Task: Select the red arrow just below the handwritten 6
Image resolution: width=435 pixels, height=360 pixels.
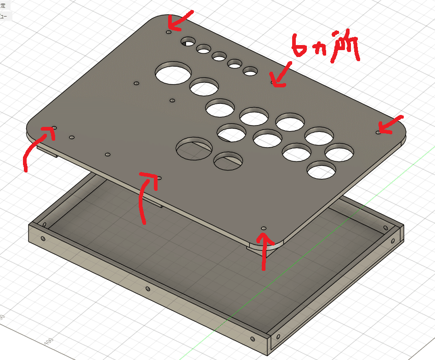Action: [281, 74]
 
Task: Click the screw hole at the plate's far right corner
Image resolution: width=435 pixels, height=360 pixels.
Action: [378, 132]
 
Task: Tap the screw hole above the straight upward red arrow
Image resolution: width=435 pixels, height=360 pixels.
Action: [264, 228]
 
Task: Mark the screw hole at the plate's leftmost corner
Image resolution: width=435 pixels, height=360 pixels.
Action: [54, 127]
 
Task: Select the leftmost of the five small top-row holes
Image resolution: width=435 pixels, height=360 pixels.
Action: [187, 42]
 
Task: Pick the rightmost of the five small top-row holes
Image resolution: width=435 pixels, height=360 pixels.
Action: [250, 71]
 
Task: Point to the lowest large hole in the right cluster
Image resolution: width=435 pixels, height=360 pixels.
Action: [322, 170]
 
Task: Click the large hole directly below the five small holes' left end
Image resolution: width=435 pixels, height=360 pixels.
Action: [173, 74]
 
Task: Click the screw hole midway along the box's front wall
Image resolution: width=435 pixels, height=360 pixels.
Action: [147, 289]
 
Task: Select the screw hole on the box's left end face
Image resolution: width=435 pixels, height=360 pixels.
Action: [43, 239]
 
